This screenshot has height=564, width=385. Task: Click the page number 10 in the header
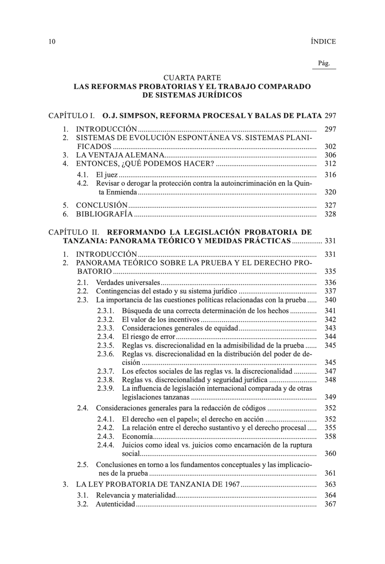click(x=52, y=42)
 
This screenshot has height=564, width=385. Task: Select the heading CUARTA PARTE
click(x=192, y=78)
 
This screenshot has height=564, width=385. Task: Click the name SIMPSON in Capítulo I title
click(x=133, y=115)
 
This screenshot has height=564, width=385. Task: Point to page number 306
click(x=330, y=155)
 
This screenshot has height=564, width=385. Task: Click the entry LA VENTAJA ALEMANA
click(x=120, y=155)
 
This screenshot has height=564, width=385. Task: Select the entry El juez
click(x=107, y=175)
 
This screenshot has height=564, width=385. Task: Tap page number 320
click(x=330, y=192)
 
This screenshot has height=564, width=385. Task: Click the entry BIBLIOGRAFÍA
click(x=104, y=214)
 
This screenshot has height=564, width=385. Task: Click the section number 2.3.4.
click(x=105, y=337)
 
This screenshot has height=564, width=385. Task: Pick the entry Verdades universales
click(x=128, y=283)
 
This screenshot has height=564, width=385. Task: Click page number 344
click(x=330, y=337)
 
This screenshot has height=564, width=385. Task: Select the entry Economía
click(x=137, y=436)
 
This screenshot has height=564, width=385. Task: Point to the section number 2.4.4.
click(x=105, y=445)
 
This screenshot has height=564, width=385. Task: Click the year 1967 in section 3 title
click(x=232, y=484)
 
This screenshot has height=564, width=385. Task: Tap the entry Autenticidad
click(x=115, y=504)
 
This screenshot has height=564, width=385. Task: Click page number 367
click(x=330, y=504)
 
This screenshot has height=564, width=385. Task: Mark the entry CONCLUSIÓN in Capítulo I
click(x=102, y=206)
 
